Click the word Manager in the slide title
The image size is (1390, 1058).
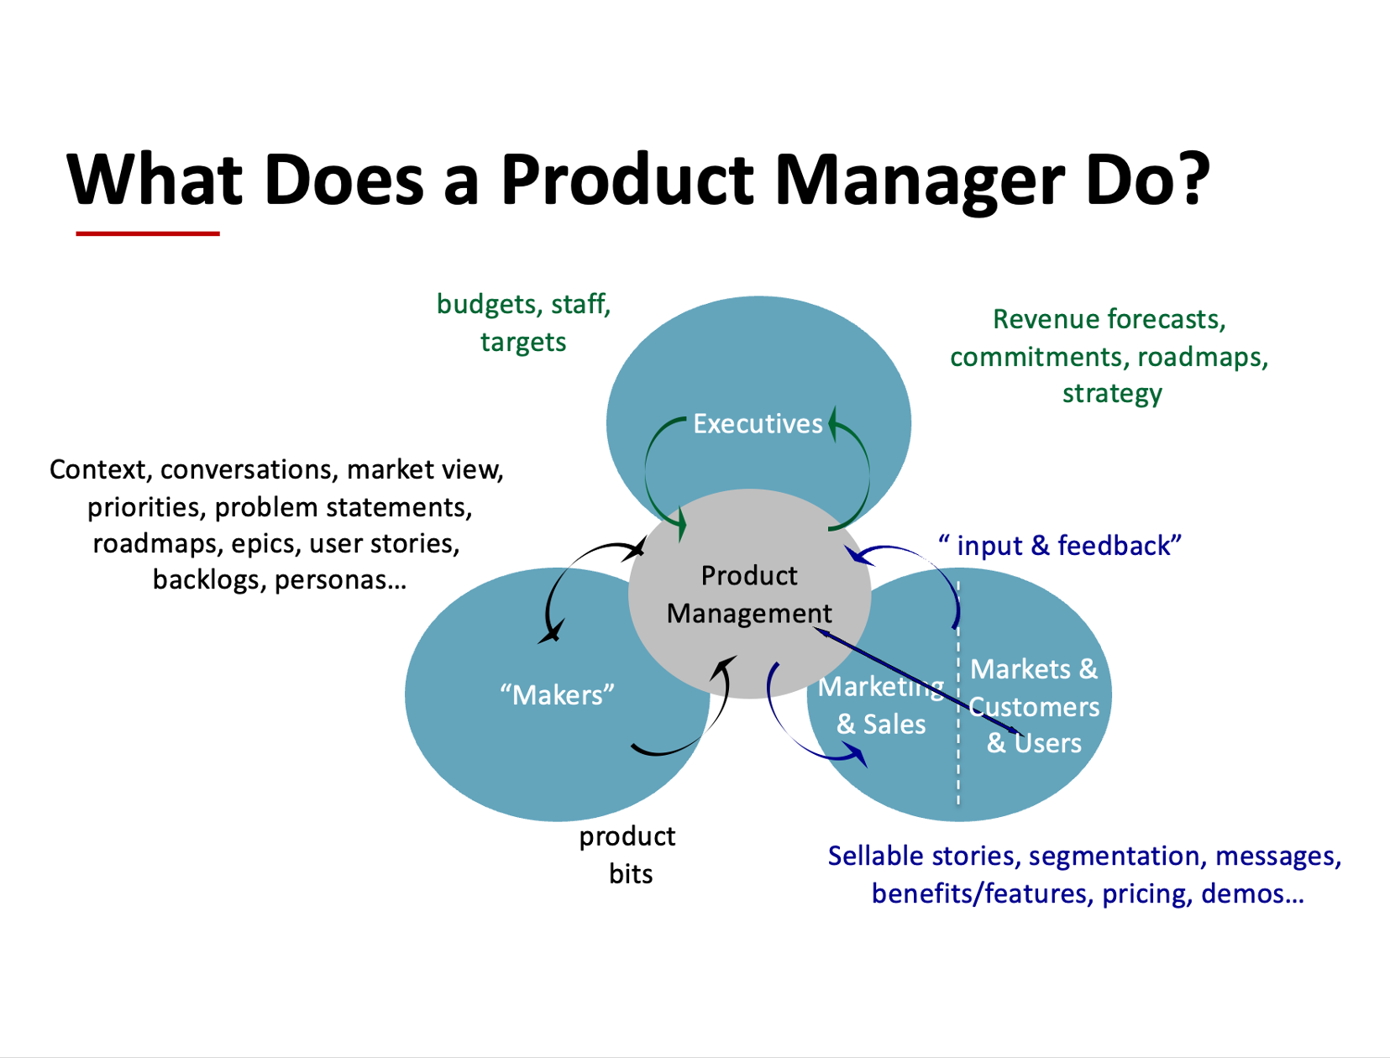(x=919, y=180)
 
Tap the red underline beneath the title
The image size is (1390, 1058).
(x=148, y=233)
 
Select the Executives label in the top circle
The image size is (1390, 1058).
(x=758, y=424)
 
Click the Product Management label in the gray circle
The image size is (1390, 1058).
(x=748, y=594)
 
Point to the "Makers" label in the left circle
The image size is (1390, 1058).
(x=557, y=695)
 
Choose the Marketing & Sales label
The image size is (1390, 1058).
(x=881, y=705)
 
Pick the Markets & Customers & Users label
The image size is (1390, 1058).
(x=1034, y=706)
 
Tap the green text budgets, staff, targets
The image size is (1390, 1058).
(x=523, y=322)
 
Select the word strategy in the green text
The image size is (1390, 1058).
(x=1112, y=394)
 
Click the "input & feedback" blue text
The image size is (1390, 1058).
(x=1060, y=546)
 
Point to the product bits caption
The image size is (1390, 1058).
(x=628, y=855)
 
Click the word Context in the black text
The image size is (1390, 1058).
(x=97, y=469)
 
